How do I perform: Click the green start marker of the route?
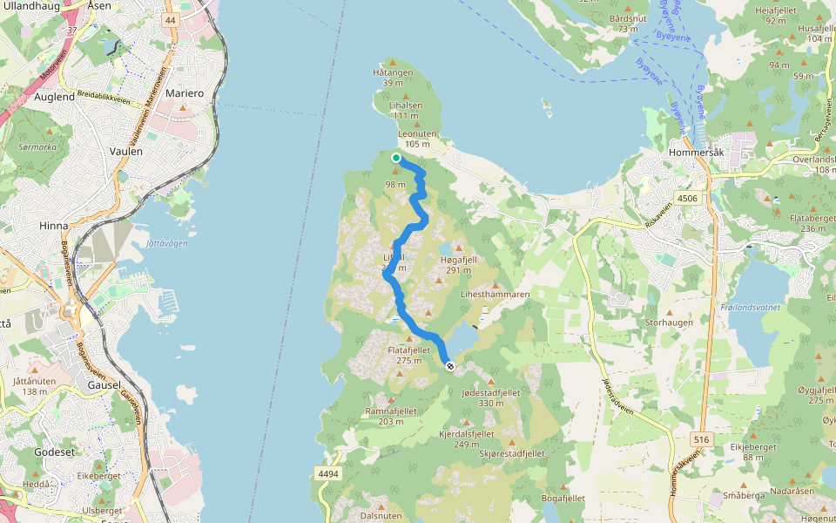point(396,158)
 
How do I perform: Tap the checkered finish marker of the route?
point(450,366)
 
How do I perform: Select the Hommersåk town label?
point(694,152)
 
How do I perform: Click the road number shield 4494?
point(328,473)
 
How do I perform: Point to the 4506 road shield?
point(687,198)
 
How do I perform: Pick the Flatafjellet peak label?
point(408,350)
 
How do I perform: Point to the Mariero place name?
point(184,93)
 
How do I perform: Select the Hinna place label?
point(53,225)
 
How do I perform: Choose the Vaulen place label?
point(126,151)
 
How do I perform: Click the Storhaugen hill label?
point(669,322)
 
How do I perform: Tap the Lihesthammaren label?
point(495,295)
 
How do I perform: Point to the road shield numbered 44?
point(170,19)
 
